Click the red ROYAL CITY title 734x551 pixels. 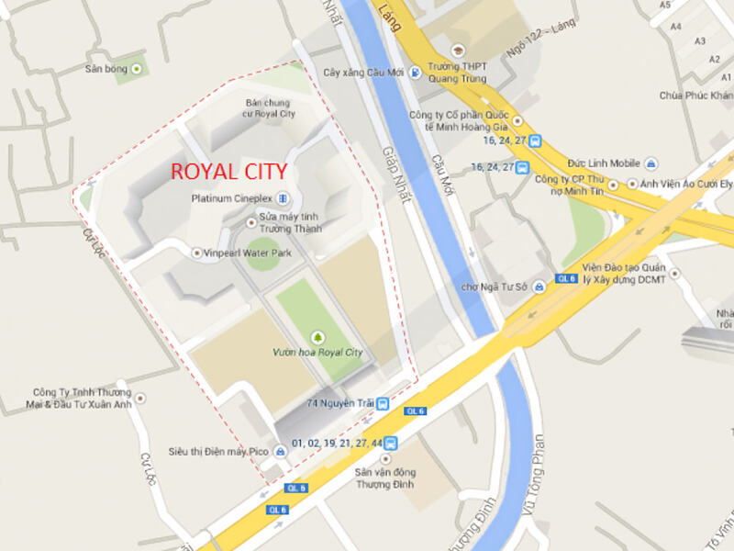click(229, 172)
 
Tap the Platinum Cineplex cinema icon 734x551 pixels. click(282, 197)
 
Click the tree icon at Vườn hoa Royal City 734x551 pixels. click(318, 337)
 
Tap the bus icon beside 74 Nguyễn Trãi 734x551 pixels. click(383, 403)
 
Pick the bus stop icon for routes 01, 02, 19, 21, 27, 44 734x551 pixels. click(391, 443)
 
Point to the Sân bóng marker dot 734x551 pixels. click(138, 69)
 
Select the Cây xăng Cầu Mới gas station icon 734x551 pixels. click(416, 72)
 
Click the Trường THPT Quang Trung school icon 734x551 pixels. click(457, 50)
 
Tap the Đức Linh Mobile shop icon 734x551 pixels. click(651, 163)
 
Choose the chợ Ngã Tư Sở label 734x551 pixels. click(494, 287)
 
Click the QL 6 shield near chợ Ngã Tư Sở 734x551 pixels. click(566, 278)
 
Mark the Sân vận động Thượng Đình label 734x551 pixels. click(385, 478)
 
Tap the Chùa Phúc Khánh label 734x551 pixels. click(696, 96)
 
